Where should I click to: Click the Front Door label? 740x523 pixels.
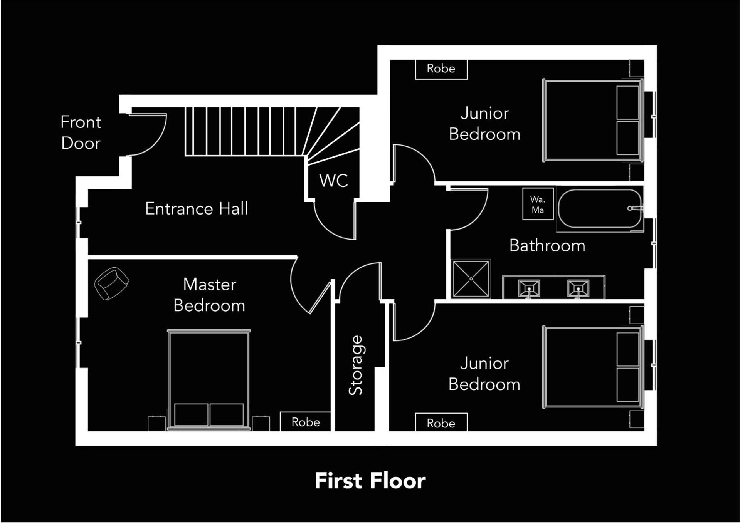[81, 132]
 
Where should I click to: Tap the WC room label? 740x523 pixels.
[333, 180]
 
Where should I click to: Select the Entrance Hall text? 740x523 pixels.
[196, 209]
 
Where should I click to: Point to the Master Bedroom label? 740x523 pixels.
[209, 295]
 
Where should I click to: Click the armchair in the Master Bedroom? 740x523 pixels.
[111, 283]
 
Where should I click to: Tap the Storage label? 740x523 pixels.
[355, 365]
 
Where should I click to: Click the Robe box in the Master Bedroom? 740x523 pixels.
[305, 422]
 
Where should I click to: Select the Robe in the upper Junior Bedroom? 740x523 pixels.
[441, 69]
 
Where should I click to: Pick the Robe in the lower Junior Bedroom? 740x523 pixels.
[441, 423]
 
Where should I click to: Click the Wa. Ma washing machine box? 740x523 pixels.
[538, 204]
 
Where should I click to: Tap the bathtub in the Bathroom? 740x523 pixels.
[600, 208]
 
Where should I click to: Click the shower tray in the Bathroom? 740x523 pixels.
[471, 279]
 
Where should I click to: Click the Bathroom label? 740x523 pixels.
[547, 246]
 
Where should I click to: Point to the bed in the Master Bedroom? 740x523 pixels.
[209, 379]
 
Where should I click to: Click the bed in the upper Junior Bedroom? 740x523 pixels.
[593, 121]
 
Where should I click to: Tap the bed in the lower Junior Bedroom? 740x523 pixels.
[593, 367]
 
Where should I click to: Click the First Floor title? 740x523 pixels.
[370, 481]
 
